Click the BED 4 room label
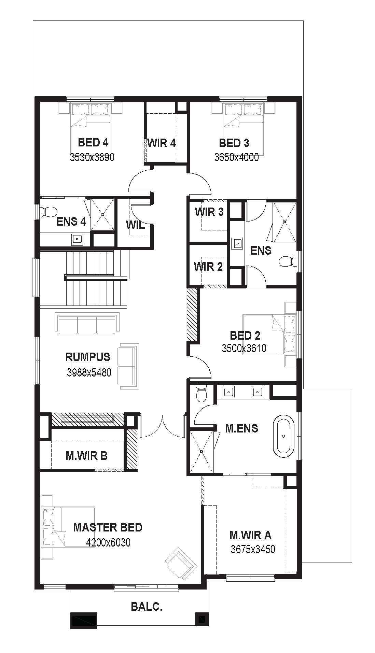pyautogui.click(x=93, y=142)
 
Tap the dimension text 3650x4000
pyautogui.click(x=237, y=157)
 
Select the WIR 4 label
pyautogui.click(x=162, y=143)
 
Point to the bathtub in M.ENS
pyautogui.click(x=283, y=436)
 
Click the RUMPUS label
pyautogui.click(x=88, y=357)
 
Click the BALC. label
pyautogui.click(x=147, y=607)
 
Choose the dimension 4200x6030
pyautogui.click(x=108, y=542)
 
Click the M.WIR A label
pyautogui.click(x=250, y=535)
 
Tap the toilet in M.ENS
pyautogui.click(x=202, y=393)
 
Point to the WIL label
pyautogui.click(x=135, y=225)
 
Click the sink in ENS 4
pyautogui.click(x=77, y=239)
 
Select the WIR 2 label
pyautogui.click(x=208, y=266)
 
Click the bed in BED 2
pyautogui.click(x=269, y=335)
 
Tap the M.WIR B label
pyautogui.click(x=86, y=456)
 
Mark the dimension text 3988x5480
pyautogui.click(x=89, y=372)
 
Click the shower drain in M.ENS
pyautogui.click(x=202, y=452)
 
